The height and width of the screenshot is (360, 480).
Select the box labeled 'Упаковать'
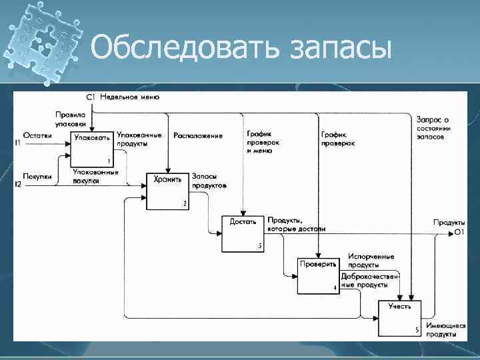[91, 148]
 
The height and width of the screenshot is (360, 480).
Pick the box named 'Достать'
[243, 233]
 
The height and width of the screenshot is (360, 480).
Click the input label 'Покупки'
[37, 176]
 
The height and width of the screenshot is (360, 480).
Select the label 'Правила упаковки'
[70, 119]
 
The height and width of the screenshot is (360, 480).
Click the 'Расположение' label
[197, 135]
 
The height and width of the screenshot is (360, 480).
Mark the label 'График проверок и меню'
[263, 142]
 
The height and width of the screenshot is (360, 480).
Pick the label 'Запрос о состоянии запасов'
[433, 127]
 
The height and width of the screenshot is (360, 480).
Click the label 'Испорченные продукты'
[371, 261]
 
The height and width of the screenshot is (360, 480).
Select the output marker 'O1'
[459, 231]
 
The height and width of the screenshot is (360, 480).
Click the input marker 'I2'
[18, 183]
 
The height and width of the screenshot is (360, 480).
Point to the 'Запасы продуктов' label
[209, 180]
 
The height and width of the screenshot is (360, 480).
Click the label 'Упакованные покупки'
[96, 175]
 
